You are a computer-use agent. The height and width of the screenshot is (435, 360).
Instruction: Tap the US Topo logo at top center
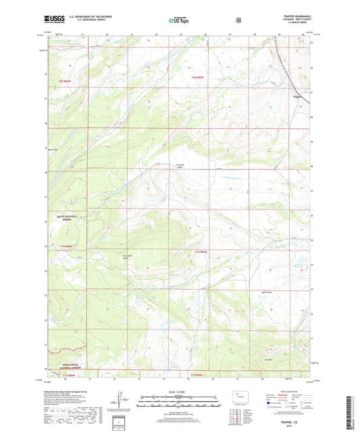(x=179, y=20)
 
